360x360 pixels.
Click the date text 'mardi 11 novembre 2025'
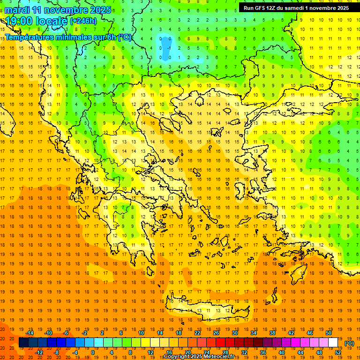click(58, 10)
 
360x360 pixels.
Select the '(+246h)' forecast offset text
click(83, 21)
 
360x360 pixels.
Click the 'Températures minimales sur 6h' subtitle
click(68, 37)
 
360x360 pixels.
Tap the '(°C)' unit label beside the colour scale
click(349, 343)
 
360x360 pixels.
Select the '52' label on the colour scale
click(338, 352)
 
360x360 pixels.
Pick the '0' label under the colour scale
click(93, 352)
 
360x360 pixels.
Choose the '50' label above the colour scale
click(329, 333)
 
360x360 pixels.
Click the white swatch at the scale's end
click(333, 343)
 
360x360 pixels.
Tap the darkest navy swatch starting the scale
click(23, 343)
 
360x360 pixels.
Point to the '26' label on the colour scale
click(216, 333)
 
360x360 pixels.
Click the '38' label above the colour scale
click(272, 333)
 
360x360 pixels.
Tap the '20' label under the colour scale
click(188, 352)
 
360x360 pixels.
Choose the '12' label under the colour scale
click(150, 352)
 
